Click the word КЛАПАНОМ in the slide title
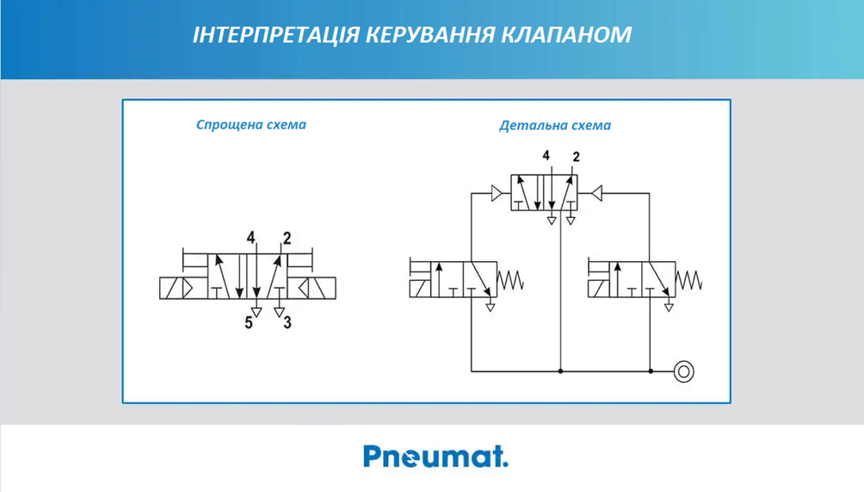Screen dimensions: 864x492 click(x=566, y=34)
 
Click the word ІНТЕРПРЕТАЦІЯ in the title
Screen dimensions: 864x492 click(x=276, y=34)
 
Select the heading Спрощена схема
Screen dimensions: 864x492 click(x=251, y=125)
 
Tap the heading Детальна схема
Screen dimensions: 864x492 click(x=555, y=126)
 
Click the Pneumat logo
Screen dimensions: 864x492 click(x=435, y=457)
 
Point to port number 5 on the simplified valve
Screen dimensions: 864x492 click(x=249, y=322)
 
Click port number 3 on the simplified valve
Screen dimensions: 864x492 click(x=287, y=322)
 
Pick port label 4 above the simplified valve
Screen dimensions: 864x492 click(x=250, y=238)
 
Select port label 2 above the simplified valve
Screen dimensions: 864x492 click(x=287, y=238)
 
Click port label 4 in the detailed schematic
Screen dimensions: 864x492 click(x=546, y=156)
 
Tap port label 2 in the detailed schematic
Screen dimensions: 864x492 click(x=577, y=157)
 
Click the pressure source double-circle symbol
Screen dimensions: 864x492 click(x=684, y=371)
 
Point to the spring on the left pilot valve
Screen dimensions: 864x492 click(x=510, y=280)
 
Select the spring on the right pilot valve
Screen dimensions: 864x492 click(x=688, y=280)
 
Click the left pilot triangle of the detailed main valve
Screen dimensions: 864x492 click(x=497, y=194)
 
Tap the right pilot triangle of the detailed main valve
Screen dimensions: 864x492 click(x=596, y=194)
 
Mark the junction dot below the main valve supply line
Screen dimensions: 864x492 click(x=560, y=371)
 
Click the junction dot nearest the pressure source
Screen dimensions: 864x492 click(x=651, y=371)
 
